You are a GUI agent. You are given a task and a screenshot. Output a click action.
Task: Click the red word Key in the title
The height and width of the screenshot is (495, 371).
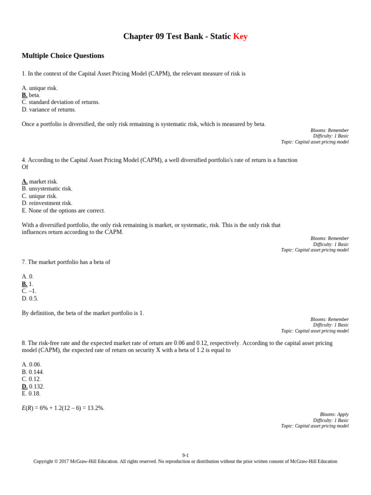tap(240, 36)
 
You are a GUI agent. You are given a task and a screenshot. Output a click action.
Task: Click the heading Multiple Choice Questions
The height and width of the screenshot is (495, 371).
tap(63, 56)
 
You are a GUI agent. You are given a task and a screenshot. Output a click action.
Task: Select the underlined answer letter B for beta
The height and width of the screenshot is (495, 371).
tap(25, 95)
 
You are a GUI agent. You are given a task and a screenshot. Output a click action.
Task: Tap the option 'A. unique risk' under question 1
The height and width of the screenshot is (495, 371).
tap(40, 88)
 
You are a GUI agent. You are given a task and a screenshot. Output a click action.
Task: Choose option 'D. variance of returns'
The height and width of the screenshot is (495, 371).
tap(49, 109)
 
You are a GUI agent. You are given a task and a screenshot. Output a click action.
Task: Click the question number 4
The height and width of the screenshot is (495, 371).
tap(24, 160)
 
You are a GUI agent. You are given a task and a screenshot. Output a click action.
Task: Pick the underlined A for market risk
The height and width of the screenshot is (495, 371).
tap(25, 182)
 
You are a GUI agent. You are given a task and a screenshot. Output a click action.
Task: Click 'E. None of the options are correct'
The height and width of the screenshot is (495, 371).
tap(63, 210)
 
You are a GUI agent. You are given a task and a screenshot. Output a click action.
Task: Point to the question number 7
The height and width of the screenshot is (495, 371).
tap(24, 262)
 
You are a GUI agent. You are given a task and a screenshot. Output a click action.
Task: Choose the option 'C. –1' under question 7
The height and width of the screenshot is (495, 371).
tap(29, 291)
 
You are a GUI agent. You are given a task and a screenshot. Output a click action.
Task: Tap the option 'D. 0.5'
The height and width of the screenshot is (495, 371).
tap(30, 298)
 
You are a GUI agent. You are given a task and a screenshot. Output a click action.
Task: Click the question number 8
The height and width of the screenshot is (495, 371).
tap(24, 343)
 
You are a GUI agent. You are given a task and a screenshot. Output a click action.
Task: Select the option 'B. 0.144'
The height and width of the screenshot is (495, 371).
tap(33, 372)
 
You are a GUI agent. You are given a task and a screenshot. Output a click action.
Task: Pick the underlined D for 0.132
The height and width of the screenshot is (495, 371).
tap(25, 386)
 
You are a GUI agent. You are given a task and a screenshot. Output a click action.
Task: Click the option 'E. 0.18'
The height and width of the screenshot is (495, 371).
tap(31, 393)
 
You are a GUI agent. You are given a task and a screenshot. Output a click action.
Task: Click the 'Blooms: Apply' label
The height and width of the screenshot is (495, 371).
tap(334, 414)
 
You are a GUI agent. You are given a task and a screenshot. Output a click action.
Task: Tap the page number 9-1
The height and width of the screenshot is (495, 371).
tap(185, 455)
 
